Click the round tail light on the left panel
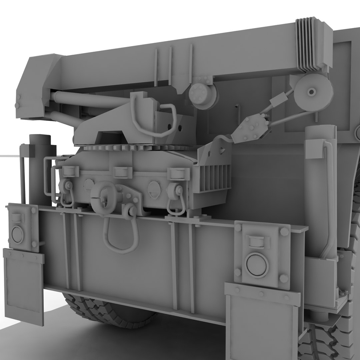pos(18,234)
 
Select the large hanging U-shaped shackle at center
pos(121,235)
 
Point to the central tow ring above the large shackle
pos(104,198)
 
